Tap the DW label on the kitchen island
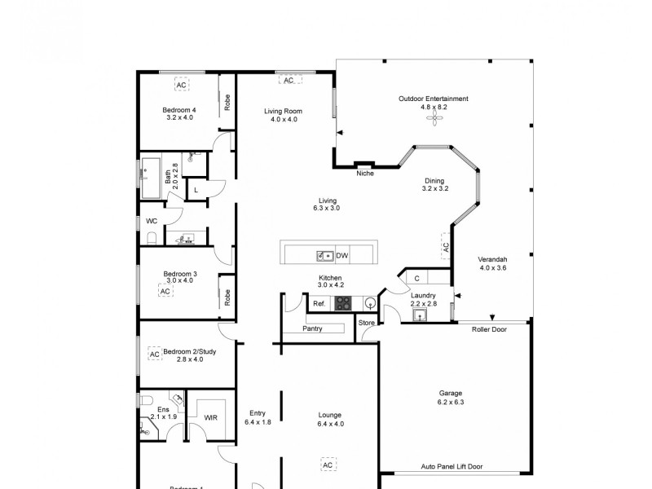coord(342,256)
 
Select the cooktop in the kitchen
coord(344,303)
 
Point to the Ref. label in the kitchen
coord(319,303)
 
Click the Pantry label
coord(312,329)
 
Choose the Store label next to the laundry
coord(367,323)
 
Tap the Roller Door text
coord(489,329)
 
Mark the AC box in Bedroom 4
coord(180,84)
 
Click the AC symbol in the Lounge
coord(328,465)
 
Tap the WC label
coord(152,221)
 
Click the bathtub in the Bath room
coord(152,178)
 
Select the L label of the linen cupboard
coord(196,191)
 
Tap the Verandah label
coord(493,259)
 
